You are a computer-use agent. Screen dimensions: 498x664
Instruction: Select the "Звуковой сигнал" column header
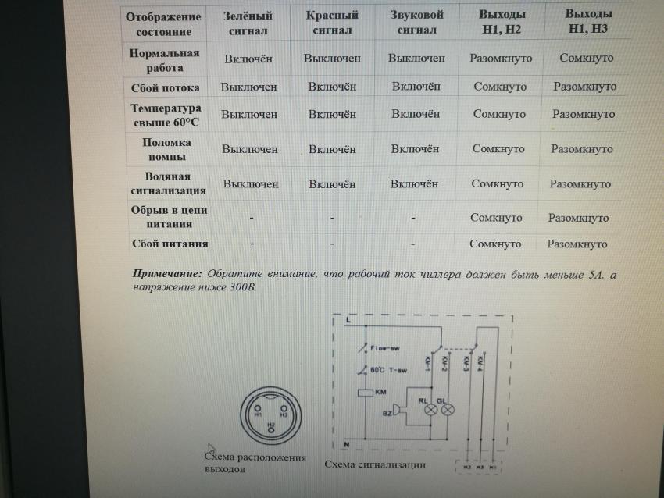tap(416, 23)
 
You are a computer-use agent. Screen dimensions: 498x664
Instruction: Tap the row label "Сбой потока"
tap(165, 87)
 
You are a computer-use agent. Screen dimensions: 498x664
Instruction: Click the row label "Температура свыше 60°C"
tap(166, 115)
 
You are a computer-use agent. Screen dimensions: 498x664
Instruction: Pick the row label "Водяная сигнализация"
tap(166, 183)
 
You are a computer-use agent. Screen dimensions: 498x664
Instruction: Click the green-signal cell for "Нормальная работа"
tap(249, 59)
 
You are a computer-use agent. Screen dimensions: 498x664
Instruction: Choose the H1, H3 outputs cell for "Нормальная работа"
tap(586, 58)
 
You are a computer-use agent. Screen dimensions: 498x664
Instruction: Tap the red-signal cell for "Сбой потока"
tap(332, 87)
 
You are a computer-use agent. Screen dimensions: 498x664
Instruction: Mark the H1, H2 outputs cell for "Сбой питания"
tap(495, 244)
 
